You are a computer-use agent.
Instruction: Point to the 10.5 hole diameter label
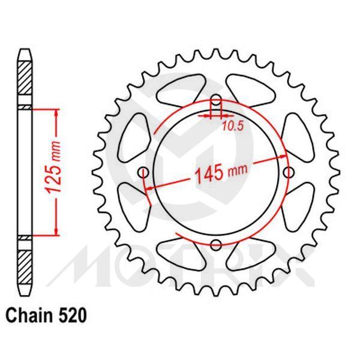coord(232,125)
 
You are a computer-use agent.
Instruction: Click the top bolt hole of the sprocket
coord(217,100)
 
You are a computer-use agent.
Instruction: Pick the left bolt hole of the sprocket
coord(145,173)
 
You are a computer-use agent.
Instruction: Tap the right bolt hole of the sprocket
coord(289,173)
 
